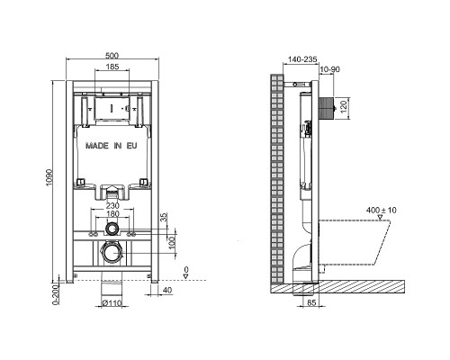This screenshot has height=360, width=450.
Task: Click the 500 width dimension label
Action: pyautogui.click(x=112, y=56)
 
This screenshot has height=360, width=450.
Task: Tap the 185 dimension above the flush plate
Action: pyautogui.click(x=112, y=67)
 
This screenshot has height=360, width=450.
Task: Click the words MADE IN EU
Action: pyautogui.click(x=112, y=146)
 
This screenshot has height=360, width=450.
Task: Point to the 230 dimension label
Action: pyautogui.click(x=112, y=206)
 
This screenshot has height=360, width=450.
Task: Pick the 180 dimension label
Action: pyautogui.click(x=112, y=214)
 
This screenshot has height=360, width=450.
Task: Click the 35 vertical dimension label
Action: pyautogui.click(x=164, y=217)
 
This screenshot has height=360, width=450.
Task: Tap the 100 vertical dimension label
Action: pyautogui.click(x=172, y=242)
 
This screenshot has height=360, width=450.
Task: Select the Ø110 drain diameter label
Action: pyautogui.click(x=112, y=303)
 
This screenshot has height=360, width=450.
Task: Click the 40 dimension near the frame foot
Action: pyautogui.click(x=168, y=291)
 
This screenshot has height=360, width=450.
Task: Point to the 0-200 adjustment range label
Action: pyautogui.click(x=56, y=294)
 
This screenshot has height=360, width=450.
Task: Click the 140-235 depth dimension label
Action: pyautogui.click(x=302, y=59)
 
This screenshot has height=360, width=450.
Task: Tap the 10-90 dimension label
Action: pyautogui.click(x=330, y=69)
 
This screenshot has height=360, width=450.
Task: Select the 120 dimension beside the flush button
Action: pyautogui.click(x=344, y=106)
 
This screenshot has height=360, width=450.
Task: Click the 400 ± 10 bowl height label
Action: pyautogui.click(x=381, y=210)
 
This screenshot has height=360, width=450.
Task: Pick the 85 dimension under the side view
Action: pyautogui.click(x=311, y=303)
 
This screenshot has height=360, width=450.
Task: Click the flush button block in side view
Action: pyautogui.click(x=326, y=107)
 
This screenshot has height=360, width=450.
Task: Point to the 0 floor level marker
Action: pyautogui.click(x=186, y=273)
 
